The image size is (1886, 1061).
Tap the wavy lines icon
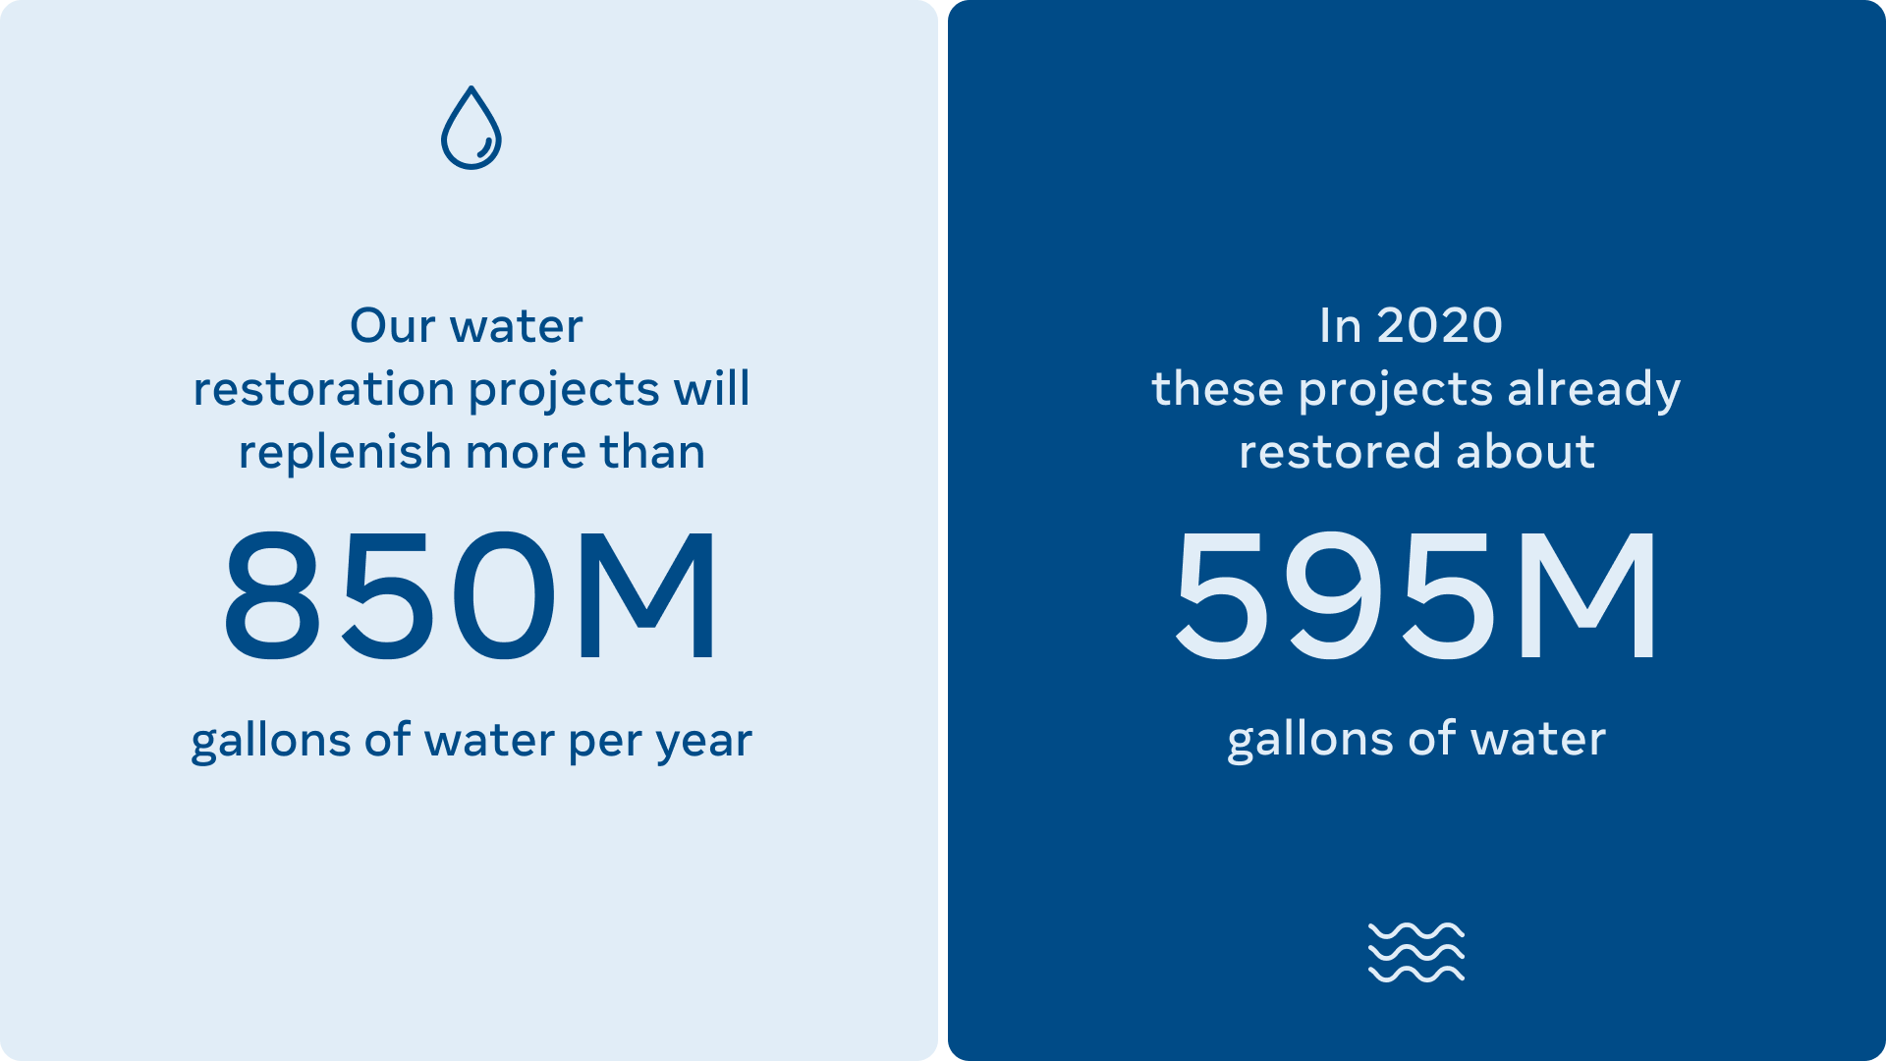point(1416,952)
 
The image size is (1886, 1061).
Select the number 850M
point(471,596)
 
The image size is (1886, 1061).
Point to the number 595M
point(1415,596)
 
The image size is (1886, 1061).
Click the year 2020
point(1440,326)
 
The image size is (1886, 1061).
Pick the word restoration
point(323,389)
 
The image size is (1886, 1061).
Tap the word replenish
point(345,452)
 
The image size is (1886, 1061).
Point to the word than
point(652,452)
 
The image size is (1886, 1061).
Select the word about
point(1525,452)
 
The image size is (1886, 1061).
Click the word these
point(1218,389)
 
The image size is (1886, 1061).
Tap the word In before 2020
point(1341,326)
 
